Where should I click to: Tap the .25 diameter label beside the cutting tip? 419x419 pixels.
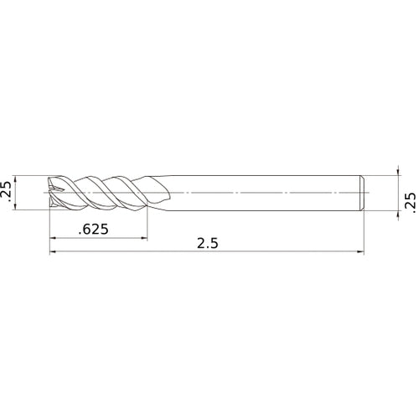7,192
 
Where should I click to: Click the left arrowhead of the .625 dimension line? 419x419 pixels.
54,238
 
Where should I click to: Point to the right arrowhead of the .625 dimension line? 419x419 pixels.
143,238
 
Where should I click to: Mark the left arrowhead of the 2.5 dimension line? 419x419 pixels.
54,251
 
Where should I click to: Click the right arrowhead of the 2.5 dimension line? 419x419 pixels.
362,251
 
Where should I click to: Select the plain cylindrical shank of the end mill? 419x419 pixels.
268,192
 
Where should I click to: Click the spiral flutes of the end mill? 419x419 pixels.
101,192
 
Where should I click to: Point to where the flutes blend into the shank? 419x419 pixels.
163,192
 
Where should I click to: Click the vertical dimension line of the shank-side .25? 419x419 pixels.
396,192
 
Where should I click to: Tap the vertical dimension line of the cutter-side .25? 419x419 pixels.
20,192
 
